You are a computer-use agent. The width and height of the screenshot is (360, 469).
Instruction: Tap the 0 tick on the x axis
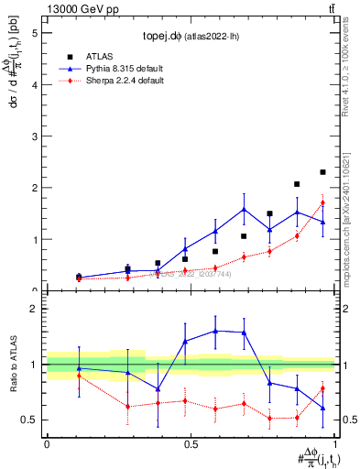click(x=47, y=442)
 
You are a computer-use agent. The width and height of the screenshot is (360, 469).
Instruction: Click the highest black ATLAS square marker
click(x=322, y=172)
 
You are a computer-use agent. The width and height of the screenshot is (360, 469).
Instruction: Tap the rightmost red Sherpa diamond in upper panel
click(x=322, y=202)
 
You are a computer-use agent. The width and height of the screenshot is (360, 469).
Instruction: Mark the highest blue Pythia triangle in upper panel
click(x=244, y=210)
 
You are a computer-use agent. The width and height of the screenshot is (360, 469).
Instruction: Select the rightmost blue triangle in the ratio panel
click(x=322, y=408)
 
